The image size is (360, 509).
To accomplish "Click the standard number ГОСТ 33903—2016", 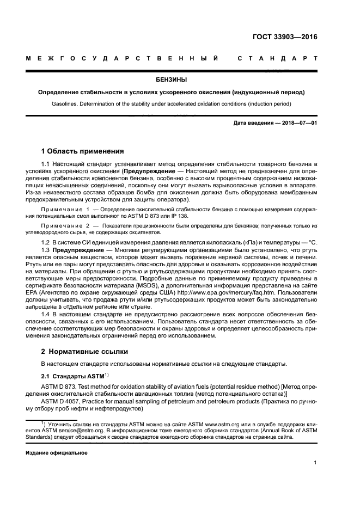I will (x=285, y=38).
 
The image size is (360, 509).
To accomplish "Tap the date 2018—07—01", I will (x=297, y=123).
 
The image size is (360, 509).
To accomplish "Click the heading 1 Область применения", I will (x=83, y=151).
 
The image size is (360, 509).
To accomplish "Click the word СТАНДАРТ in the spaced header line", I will (x=277, y=58).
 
